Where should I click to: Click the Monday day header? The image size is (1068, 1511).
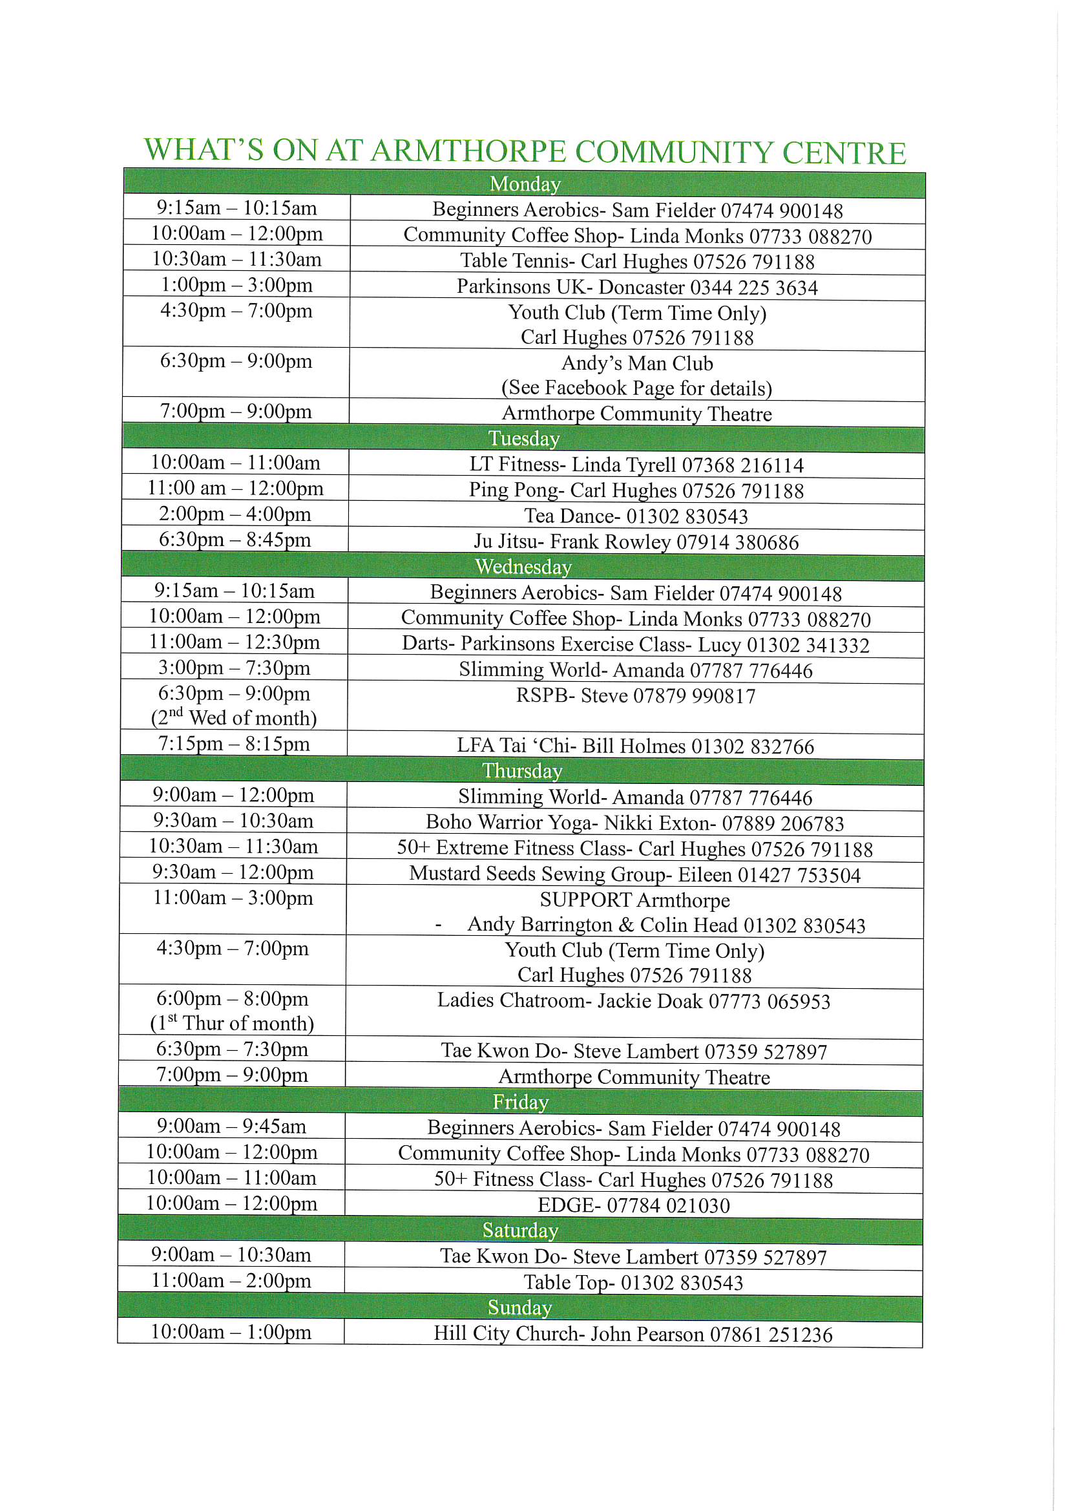point(525,184)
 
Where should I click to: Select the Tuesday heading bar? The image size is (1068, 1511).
point(524,438)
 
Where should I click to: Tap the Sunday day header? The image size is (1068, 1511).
point(519,1307)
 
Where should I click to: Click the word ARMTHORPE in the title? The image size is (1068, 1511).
point(468,151)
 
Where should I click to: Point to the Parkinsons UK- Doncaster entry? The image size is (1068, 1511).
point(637,287)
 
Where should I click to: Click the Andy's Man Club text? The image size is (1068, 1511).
point(637,363)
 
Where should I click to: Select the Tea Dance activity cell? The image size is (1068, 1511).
point(636,516)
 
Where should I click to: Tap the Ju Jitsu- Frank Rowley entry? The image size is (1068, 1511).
point(636,542)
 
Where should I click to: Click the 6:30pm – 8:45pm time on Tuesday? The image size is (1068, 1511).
point(235,540)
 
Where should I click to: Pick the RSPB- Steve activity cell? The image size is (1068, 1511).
point(636,695)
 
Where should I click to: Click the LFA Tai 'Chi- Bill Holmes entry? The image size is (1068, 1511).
point(635,746)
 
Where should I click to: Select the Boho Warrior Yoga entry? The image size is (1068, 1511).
point(634,823)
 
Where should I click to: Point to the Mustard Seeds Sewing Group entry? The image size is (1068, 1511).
point(634,874)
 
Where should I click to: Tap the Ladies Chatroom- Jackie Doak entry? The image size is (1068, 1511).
point(634,1001)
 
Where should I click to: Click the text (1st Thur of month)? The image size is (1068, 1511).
point(233,1023)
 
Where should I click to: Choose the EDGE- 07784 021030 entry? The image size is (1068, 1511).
point(634,1205)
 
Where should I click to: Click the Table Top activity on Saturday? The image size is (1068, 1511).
point(633,1282)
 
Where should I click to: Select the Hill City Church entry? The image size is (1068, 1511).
point(633,1333)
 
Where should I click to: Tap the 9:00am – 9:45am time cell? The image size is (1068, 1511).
point(232,1126)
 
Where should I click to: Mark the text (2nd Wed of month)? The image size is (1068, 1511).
point(234,717)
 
